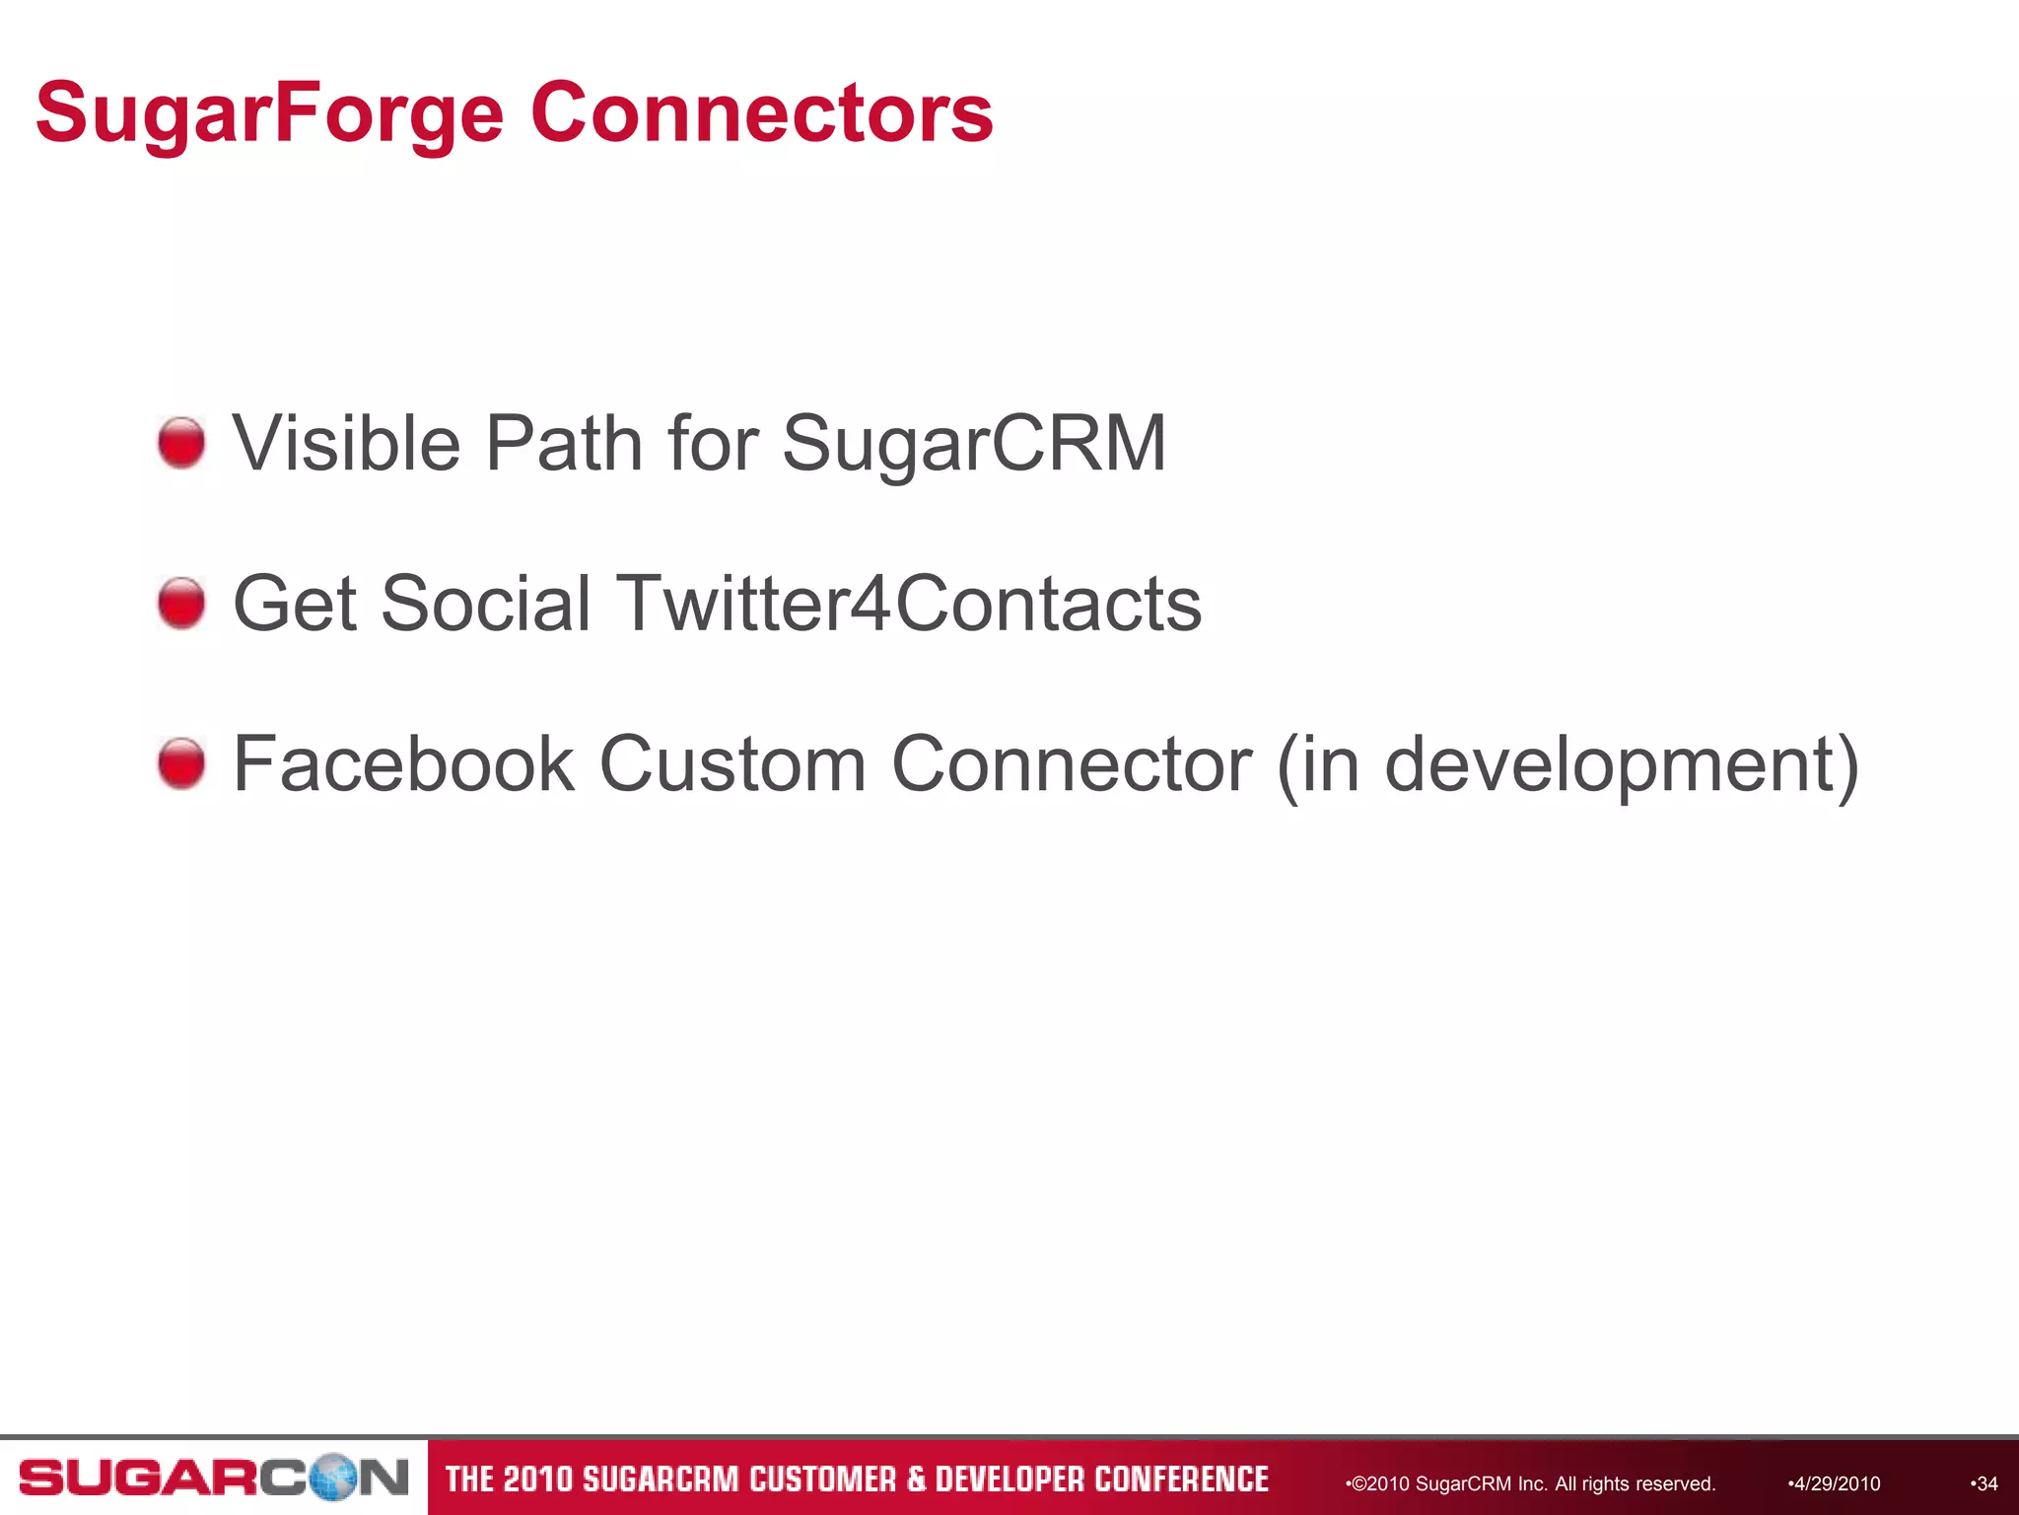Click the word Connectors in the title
tap(761, 112)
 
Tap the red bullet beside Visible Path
tap(181, 443)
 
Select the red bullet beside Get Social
tap(181, 604)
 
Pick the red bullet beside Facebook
tap(181, 763)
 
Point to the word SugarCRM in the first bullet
tap(974, 445)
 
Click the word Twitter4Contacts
tap(908, 604)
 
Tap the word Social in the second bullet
tap(485, 604)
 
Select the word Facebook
tap(403, 763)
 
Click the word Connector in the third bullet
tap(1072, 763)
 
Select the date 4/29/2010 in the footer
tap(1836, 1483)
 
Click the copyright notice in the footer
tap(1532, 1483)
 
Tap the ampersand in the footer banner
tap(917, 1479)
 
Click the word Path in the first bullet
tap(566, 443)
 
